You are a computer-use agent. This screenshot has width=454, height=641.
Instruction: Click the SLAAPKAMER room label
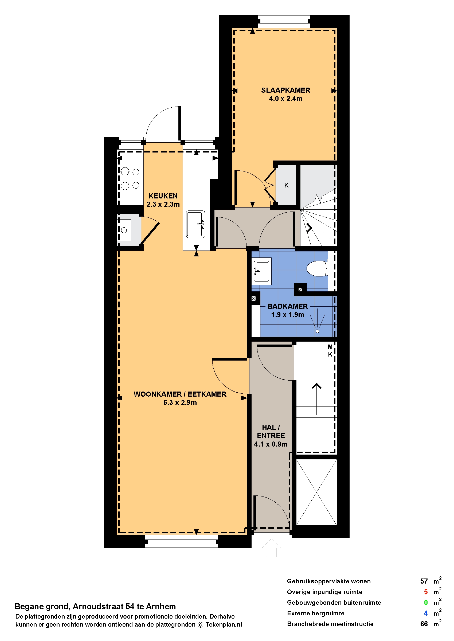(x=285, y=90)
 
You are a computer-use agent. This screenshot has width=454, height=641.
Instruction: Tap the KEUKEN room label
(x=163, y=196)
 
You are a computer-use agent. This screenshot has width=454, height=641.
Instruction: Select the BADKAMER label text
(x=288, y=306)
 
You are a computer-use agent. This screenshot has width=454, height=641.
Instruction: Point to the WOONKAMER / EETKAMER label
(x=180, y=394)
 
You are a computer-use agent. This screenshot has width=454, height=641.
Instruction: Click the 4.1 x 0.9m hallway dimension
(x=271, y=444)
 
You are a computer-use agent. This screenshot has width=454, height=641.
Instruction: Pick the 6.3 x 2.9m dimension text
(x=180, y=402)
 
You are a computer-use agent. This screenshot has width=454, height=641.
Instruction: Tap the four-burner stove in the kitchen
(x=130, y=179)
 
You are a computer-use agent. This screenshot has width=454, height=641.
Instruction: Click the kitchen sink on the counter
(x=196, y=224)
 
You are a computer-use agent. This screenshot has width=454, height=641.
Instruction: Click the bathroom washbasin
(x=261, y=271)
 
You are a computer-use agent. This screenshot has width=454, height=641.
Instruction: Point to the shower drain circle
(x=317, y=331)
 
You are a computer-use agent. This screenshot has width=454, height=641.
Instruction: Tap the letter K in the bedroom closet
(x=286, y=185)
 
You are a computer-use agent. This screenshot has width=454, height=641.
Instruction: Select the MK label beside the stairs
(x=330, y=351)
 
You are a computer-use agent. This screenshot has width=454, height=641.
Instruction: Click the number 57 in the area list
(x=424, y=581)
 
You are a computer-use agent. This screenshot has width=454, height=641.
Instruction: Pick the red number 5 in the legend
(x=426, y=592)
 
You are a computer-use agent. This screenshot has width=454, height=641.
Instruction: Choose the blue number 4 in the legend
(x=426, y=613)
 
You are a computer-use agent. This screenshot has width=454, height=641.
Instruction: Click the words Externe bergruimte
(x=316, y=613)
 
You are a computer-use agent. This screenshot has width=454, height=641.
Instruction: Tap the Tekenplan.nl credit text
(x=224, y=625)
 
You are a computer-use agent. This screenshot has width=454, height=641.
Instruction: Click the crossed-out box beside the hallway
(x=316, y=493)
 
